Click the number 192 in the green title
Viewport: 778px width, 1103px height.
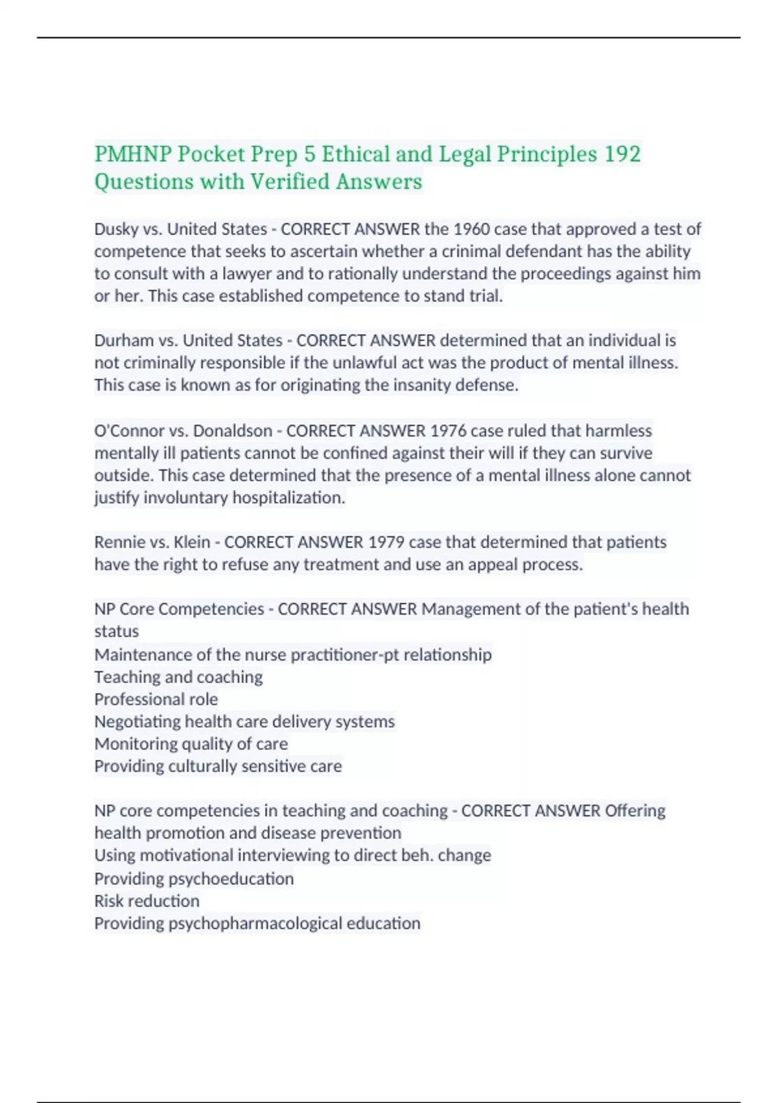point(622,154)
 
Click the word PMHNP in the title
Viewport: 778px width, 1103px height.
point(133,154)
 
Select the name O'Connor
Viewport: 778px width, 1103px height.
point(127,431)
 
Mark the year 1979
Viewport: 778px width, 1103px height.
point(386,542)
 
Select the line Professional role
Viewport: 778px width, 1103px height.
point(156,699)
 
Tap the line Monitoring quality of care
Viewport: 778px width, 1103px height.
point(191,744)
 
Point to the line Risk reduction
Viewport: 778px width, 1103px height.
point(147,901)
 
